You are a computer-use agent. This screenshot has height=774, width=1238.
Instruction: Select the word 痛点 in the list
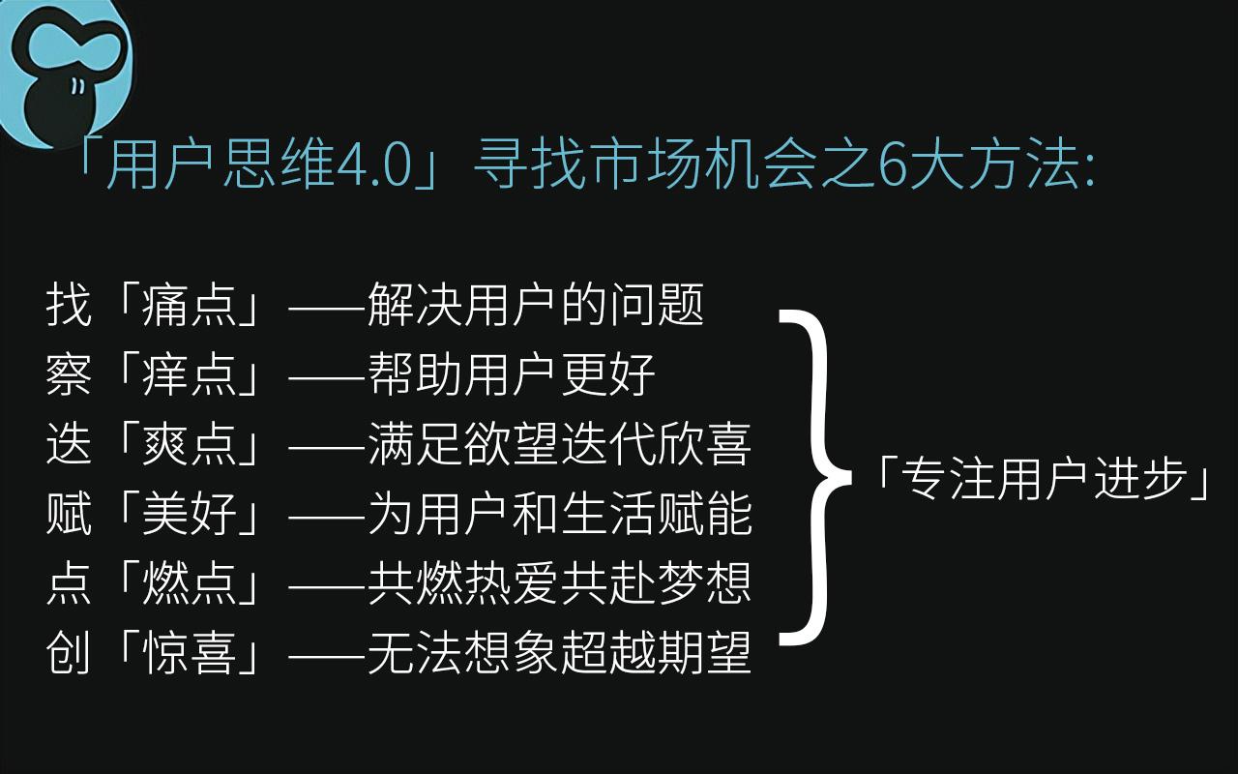[190, 305]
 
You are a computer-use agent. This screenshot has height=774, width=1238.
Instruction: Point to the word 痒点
[190, 374]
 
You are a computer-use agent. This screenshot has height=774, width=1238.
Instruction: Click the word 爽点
[190, 444]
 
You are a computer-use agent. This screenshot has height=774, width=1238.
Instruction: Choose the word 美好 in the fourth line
[190, 514]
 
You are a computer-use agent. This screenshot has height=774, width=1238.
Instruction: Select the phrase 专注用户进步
[1045, 478]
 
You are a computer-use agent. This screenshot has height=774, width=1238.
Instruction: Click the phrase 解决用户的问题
[536, 305]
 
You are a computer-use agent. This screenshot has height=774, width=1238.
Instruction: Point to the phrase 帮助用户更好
[512, 374]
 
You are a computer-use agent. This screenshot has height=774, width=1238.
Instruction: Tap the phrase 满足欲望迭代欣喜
[559, 444]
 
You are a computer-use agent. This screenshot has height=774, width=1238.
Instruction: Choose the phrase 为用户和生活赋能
[559, 514]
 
